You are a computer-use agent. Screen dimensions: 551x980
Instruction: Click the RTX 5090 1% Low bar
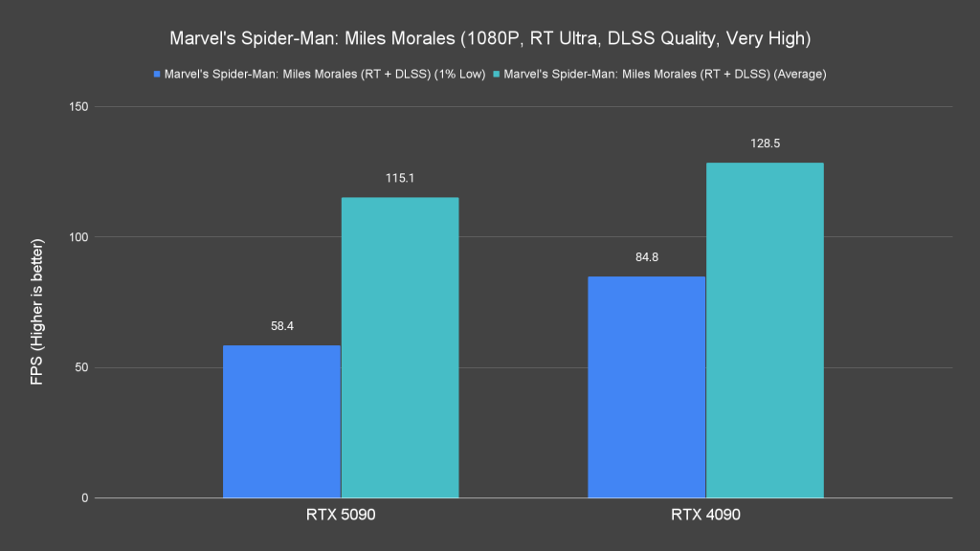click(x=281, y=421)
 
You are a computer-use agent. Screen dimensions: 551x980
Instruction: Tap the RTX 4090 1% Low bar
click(x=646, y=386)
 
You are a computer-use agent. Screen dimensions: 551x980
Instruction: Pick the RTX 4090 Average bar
click(x=765, y=330)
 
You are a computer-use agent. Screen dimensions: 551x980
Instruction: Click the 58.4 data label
click(x=281, y=325)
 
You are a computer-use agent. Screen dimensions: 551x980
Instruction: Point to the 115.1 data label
click(x=400, y=178)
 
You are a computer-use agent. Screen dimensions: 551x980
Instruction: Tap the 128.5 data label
click(x=765, y=143)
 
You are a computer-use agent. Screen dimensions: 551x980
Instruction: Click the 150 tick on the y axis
click(x=78, y=106)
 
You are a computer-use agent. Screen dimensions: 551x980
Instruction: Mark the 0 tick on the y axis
click(x=84, y=498)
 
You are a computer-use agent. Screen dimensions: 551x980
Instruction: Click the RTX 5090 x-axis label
click(x=340, y=515)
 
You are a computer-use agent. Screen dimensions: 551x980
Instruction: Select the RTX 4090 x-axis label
click(x=704, y=515)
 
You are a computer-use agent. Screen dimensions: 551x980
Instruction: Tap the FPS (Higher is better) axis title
click(x=36, y=302)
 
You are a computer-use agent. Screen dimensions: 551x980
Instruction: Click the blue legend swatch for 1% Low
click(x=156, y=73)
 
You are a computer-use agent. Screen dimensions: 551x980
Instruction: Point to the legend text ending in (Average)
click(x=665, y=73)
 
